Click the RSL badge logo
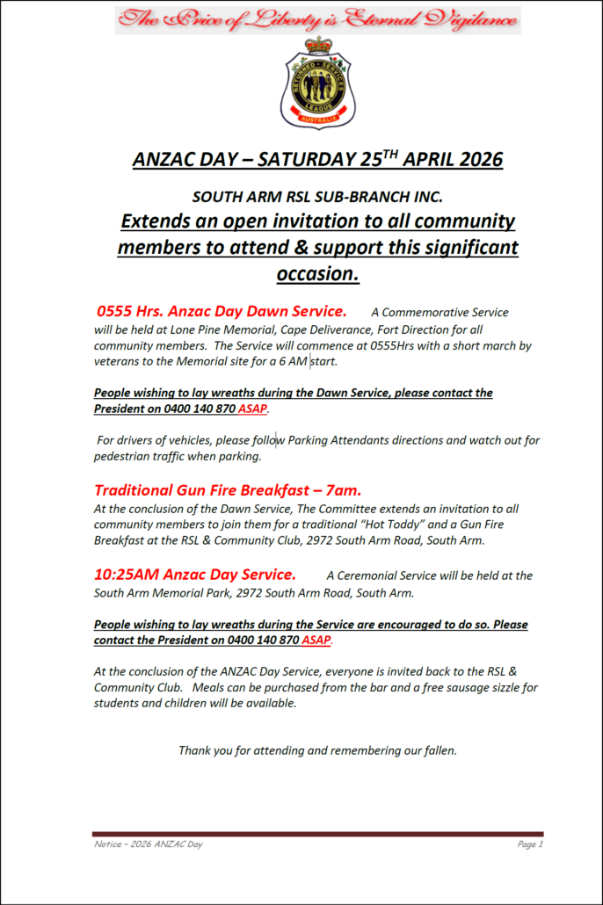click(x=317, y=84)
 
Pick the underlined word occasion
click(x=317, y=273)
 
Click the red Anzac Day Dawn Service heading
click(x=222, y=311)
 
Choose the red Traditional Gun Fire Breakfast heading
click(x=228, y=490)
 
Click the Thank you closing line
click(x=317, y=750)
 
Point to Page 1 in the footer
click(x=530, y=844)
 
